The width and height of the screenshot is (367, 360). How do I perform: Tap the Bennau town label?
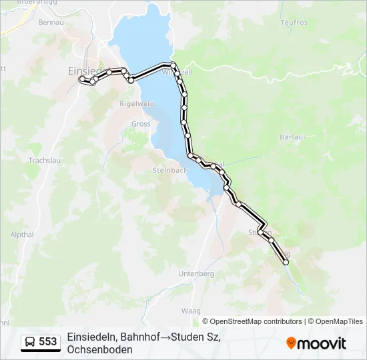click(51, 23)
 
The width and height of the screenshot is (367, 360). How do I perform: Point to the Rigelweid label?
click(136, 104)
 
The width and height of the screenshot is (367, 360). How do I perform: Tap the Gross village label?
click(141, 123)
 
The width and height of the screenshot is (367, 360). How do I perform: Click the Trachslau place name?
click(45, 161)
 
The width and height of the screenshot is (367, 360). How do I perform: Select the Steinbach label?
click(170, 170)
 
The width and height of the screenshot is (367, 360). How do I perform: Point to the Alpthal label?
click(22, 235)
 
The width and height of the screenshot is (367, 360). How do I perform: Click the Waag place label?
click(191, 311)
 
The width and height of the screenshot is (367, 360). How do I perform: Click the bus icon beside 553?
click(31, 342)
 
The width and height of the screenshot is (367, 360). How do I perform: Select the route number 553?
click(48, 342)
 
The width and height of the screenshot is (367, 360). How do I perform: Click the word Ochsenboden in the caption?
click(99, 349)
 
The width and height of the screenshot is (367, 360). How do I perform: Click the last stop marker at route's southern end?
click(286, 263)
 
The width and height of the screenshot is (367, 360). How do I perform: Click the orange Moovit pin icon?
click(291, 343)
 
